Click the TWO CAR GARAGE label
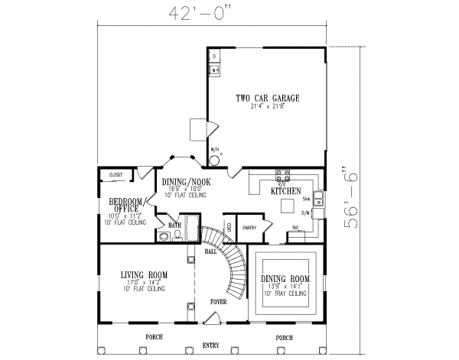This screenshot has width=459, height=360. (x=267, y=99)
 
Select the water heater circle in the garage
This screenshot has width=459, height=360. (x=214, y=161)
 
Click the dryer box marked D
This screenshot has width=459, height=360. (x=214, y=57)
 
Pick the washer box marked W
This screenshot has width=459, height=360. (x=214, y=70)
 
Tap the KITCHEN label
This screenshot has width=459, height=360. (x=285, y=190)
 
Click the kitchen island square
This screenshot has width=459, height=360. (x=288, y=206)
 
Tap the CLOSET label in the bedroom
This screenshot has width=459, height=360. (x=116, y=175)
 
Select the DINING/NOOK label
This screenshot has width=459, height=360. (x=186, y=182)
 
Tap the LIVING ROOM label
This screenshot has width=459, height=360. (x=144, y=274)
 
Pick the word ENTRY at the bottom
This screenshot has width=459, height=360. (x=210, y=345)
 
